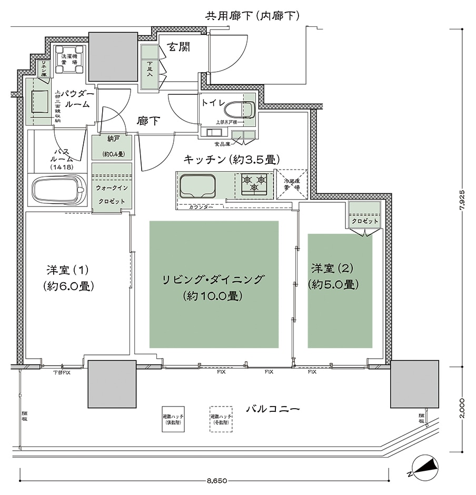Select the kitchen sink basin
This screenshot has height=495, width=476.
(197, 186)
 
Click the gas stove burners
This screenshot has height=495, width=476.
(254, 185)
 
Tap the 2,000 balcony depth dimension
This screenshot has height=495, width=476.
(462, 408)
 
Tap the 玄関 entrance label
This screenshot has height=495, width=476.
(178, 47)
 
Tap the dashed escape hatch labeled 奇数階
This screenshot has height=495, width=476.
(221, 419)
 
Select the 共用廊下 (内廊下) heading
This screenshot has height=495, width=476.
(252, 16)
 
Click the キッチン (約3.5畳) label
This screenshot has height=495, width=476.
(231, 159)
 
